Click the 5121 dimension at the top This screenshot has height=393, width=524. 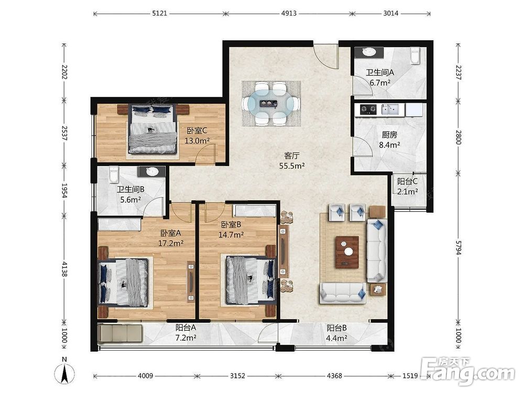159,14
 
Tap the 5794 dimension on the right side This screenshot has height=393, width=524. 458,247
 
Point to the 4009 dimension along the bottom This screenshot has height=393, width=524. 145,376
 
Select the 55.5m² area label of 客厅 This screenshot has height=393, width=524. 292,166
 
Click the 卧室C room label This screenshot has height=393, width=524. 197,131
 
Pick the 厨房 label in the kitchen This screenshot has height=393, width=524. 389,135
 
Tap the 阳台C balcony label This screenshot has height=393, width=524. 407,182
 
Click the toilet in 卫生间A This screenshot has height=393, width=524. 414,55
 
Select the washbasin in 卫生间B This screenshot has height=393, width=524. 152,171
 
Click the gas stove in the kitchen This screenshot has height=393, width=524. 368,109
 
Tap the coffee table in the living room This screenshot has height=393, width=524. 347,252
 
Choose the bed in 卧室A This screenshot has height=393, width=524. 123,283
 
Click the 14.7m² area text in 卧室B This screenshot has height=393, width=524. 231,235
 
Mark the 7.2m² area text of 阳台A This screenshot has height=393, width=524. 186,338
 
